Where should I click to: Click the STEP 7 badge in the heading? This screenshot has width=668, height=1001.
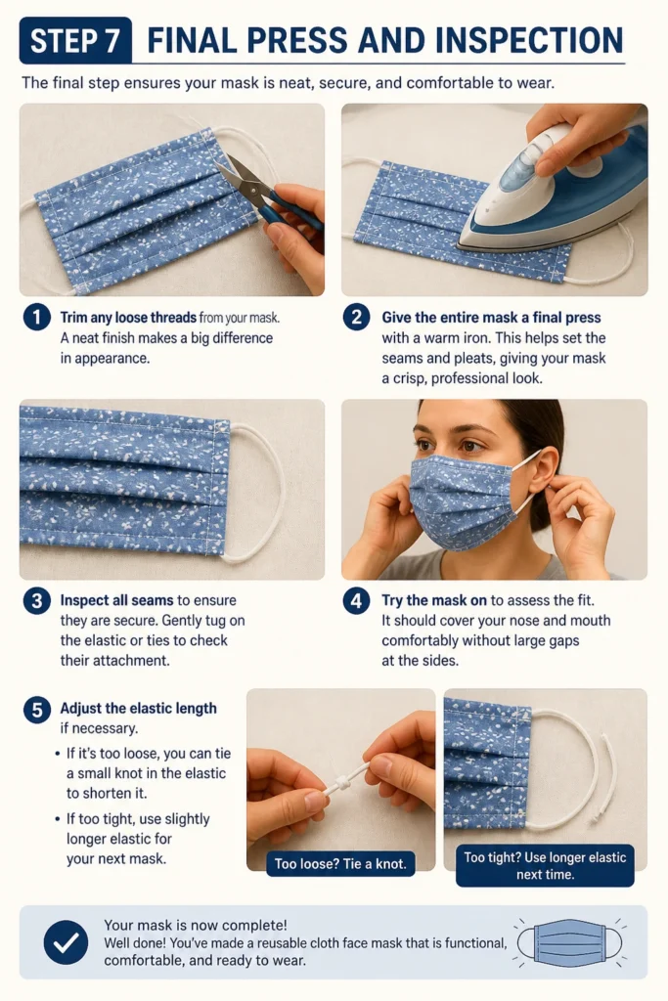point(75,40)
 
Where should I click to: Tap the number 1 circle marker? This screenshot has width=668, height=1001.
point(37,318)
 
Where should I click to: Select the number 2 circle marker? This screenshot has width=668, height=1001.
point(356,318)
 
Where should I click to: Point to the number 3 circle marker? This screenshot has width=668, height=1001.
point(37,600)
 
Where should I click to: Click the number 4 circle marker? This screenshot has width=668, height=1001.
point(356,600)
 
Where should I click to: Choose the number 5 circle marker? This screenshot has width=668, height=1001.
point(37,709)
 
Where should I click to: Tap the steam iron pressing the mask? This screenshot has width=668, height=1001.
point(550,192)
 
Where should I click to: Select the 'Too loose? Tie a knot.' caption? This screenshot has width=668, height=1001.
point(340,864)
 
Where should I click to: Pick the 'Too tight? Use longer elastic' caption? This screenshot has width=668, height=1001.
point(545,866)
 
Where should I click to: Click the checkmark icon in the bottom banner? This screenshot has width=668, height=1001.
point(66,942)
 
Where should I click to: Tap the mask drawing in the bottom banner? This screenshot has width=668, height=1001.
point(569,942)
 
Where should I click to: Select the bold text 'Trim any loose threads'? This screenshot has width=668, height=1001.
point(128,318)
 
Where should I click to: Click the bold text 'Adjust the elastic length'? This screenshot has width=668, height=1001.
point(139,708)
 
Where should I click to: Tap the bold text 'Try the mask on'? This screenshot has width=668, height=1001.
point(434,600)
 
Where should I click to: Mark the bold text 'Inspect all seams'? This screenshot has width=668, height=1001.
point(116,600)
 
